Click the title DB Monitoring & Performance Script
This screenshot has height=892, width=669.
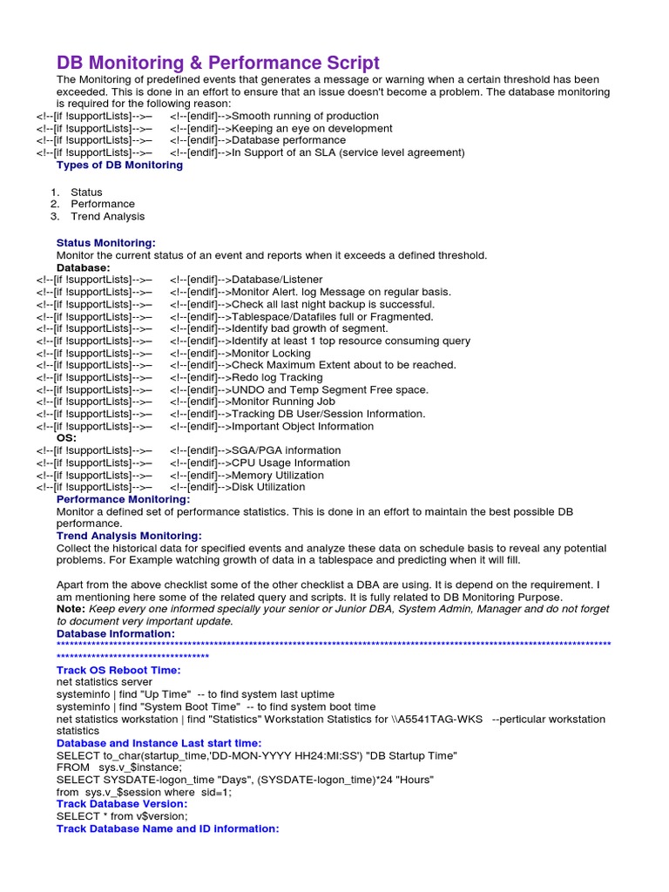point(218,63)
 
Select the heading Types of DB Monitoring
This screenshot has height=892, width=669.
point(119,165)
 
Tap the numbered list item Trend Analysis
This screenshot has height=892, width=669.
point(107,216)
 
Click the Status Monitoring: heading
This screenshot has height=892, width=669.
point(106,243)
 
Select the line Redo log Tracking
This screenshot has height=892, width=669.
point(277,377)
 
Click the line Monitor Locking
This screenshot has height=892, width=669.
point(272,353)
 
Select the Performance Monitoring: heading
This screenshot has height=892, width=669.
point(123,499)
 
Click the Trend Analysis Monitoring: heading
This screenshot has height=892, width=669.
point(129,536)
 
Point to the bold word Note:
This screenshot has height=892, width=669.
point(71,610)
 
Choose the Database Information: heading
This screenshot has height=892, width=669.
point(115,634)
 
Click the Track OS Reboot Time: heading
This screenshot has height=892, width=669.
point(118,670)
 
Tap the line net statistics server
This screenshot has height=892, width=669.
point(105,682)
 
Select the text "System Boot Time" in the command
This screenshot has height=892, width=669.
point(184,706)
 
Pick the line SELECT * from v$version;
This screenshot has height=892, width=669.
point(122,816)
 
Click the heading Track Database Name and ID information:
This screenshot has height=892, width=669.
point(167,828)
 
